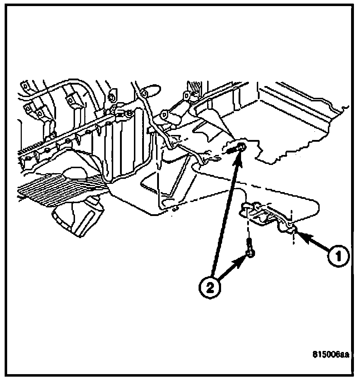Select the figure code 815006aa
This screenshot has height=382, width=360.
click(330, 355)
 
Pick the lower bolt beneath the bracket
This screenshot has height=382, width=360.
click(250, 251)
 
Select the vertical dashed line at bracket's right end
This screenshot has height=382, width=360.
click(293, 228)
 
